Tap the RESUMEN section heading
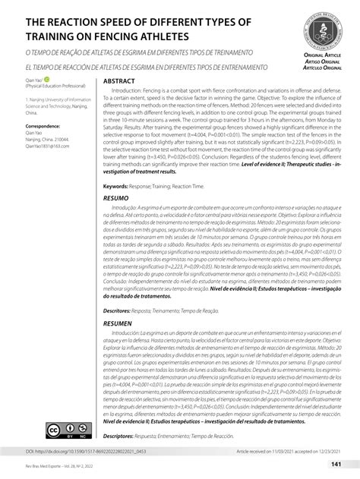[122, 323]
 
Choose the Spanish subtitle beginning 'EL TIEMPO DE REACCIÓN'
[143, 68]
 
